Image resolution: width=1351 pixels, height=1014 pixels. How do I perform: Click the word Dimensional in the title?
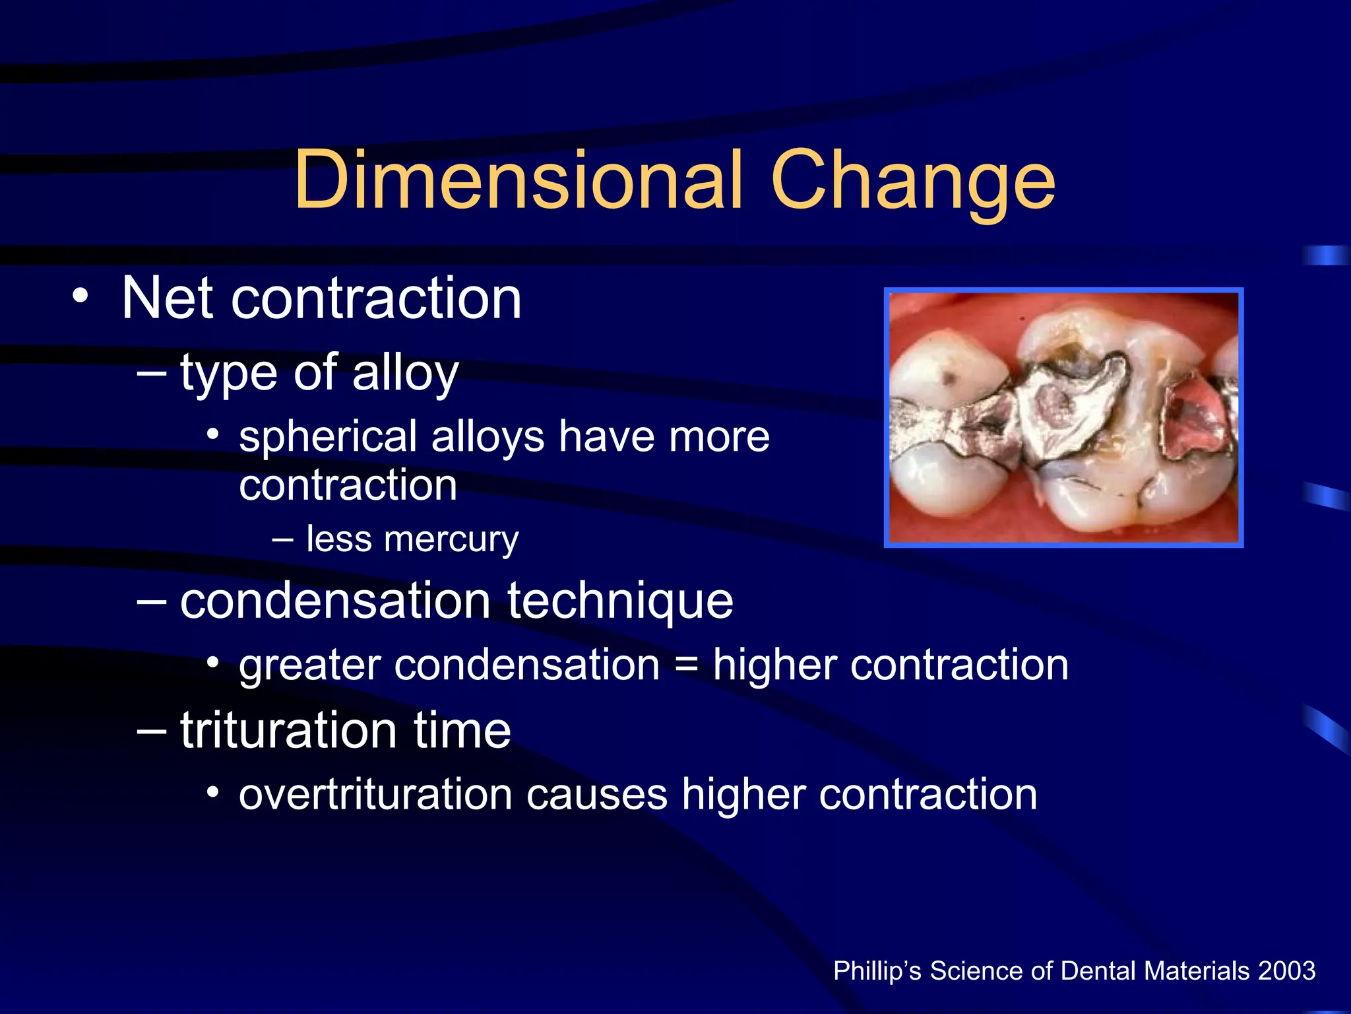click(518, 180)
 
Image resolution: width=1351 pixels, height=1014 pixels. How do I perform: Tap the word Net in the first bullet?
click(167, 298)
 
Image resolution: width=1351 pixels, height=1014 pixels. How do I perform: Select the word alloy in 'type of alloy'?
click(405, 374)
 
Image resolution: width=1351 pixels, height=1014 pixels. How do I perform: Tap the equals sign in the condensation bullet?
click(686, 665)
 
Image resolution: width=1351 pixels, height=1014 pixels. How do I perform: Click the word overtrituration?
click(375, 794)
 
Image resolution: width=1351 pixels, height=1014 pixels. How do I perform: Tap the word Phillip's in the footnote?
click(877, 971)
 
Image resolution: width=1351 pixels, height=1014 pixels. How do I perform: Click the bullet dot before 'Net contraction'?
click(80, 296)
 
